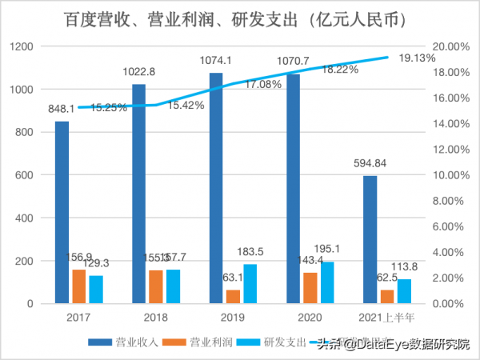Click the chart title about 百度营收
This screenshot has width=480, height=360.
[x=240, y=18]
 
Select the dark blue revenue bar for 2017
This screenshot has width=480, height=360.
[x=62, y=212]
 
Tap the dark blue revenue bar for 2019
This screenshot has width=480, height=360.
[x=216, y=188]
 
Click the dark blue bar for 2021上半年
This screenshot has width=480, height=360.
[x=370, y=239]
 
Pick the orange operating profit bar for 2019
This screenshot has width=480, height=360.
[x=233, y=297]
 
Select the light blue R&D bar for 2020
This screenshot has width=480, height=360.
[x=326, y=282]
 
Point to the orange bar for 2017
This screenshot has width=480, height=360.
[x=78, y=286]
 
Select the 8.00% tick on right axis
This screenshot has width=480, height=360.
[x=449, y=201]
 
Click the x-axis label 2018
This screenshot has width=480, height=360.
[x=154, y=318]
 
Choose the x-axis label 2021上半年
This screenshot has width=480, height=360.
[x=387, y=318]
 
